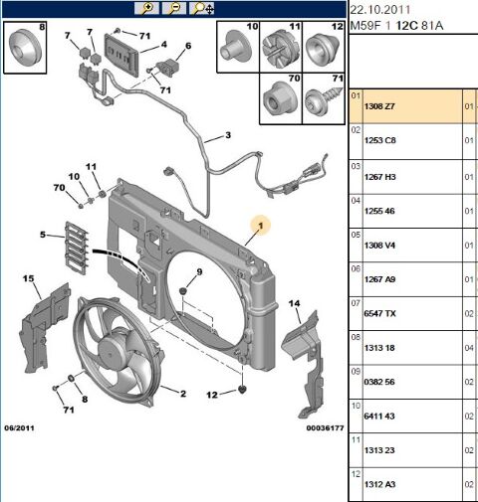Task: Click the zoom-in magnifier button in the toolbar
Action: tap(146, 8)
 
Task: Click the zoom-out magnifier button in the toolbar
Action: tap(174, 8)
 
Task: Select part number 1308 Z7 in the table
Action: tap(379, 106)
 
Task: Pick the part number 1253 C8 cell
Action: tap(380, 140)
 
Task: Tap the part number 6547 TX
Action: tap(380, 313)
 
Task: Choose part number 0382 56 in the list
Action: tap(379, 382)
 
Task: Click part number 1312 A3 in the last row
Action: tap(380, 484)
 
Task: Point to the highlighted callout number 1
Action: tap(261, 226)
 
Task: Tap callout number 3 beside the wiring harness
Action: tap(228, 135)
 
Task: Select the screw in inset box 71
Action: tap(323, 100)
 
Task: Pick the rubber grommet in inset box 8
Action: tap(25, 47)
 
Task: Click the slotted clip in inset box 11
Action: tap(281, 49)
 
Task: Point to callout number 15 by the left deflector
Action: tap(29, 278)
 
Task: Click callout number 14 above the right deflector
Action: tap(294, 303)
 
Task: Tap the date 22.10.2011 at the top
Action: tap(380, 10)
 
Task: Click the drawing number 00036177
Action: tap(325, 428)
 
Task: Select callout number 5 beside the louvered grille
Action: tap(43, 235)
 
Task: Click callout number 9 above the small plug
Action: tap(199, 272)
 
